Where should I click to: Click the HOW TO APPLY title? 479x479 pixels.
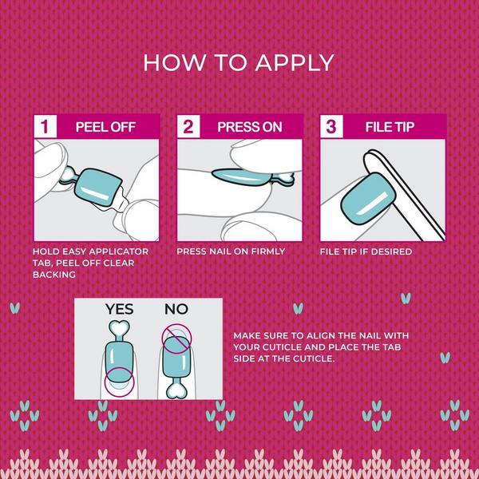click(x=239, y=63)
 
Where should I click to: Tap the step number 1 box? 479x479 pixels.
click(x=46, y=127)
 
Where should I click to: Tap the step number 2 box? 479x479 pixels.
click(x=189, y=127)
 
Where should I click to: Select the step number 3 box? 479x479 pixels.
click(x=332, y=127)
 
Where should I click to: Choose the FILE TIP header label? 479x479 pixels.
click(x=389, y=127)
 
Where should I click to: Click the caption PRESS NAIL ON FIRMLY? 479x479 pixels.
click(x=231, y=251)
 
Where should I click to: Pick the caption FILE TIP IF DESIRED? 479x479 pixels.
click(x=366, y=251)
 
